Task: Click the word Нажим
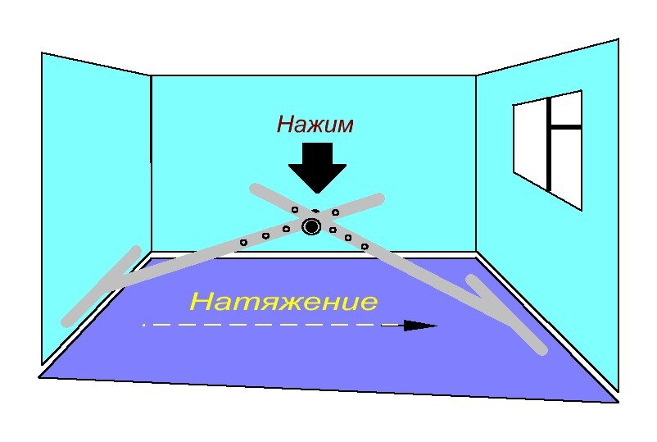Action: [315, 124]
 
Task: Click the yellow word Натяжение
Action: [283, 302]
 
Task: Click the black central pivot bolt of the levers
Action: [311, 226]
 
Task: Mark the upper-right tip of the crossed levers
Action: [378, 198]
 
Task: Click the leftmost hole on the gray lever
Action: [243, 243]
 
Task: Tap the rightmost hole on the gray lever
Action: [365, 246]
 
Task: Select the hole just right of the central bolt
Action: [333, 230]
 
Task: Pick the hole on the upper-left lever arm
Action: [295, 210]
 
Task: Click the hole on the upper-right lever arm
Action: [336, 212]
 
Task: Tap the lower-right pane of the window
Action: [565, 164]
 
